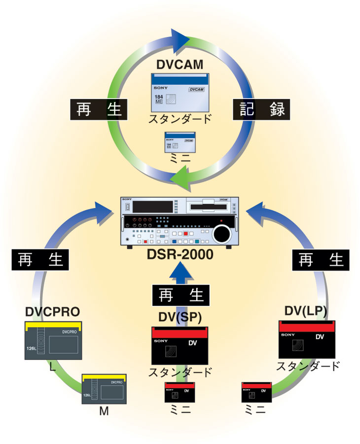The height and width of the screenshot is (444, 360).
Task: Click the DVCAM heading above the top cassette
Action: point(180,65)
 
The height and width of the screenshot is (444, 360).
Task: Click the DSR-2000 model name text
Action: point(180,255)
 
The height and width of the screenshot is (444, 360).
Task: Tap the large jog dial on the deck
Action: point(221,233)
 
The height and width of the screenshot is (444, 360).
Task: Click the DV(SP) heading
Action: point(180,315)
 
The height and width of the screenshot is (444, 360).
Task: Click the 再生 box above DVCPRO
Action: point(39,260)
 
